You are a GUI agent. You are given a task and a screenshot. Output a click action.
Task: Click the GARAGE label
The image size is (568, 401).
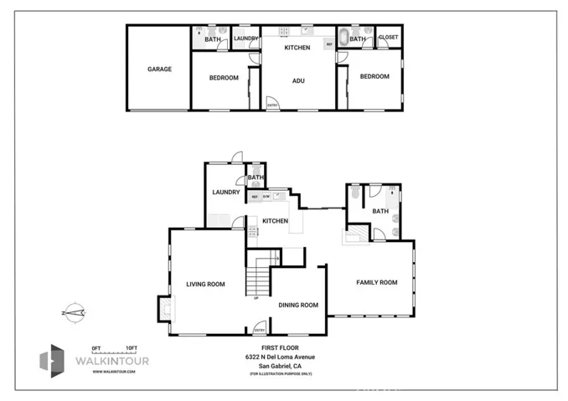pos(159,69)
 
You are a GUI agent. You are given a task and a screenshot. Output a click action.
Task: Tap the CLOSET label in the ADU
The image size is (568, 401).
pos(389,38)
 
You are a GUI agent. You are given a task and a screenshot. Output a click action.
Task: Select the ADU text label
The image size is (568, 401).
pos(297,81)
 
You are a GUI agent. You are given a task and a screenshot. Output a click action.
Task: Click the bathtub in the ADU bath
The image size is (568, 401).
pos(343,39)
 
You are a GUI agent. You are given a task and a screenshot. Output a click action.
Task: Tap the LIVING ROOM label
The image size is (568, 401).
pos(205,285)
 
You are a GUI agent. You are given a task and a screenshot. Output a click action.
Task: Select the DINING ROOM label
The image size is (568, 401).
pos(298,306)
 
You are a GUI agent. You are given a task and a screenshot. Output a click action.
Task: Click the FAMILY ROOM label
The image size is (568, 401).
pos(376,282)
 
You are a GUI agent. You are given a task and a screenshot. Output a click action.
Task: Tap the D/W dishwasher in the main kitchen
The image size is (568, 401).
pos(266,196)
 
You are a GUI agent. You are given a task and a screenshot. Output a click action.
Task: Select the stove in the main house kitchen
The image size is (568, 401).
pos(251,230)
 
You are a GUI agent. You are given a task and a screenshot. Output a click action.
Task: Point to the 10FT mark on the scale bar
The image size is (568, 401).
pos(131,347)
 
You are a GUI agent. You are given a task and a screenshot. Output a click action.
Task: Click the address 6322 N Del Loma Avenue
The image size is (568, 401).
pos(281,357)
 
